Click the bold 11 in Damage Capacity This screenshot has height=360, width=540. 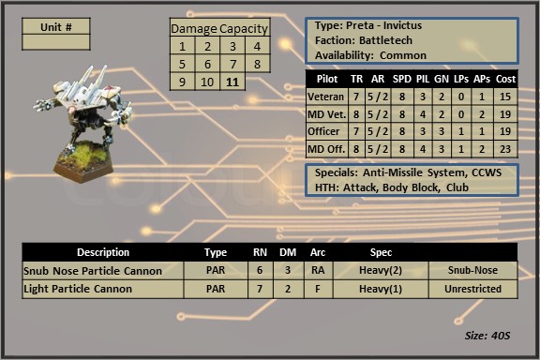232,82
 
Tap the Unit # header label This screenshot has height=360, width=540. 56,27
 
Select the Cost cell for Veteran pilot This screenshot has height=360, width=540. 505,97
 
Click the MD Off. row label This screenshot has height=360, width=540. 326,149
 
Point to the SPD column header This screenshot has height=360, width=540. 402,79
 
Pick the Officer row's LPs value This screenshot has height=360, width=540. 461,131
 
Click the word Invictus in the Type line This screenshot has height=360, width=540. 402,25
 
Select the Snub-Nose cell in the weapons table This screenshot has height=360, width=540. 472,270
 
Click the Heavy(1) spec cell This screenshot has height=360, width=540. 381,289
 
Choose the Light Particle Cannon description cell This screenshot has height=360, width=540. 102,289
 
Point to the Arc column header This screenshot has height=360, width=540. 318,252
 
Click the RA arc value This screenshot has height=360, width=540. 318,270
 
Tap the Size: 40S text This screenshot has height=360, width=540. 487,336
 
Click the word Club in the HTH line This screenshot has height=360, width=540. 457,187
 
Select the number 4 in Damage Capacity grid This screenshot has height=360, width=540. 257,46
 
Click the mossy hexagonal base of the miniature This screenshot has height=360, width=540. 83,161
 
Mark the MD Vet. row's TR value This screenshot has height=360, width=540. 356,114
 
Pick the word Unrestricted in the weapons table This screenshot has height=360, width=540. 472,289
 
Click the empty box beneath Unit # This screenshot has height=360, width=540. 56,42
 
